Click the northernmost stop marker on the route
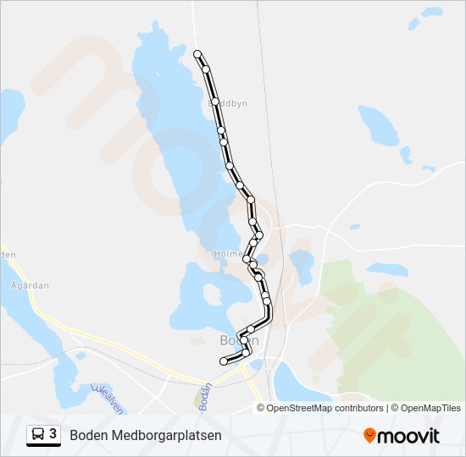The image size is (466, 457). pos(198,54)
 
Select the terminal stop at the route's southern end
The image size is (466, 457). pos(224,361)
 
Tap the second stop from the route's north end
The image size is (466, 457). pos(206,69)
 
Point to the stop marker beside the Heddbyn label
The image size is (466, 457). pos(215,102)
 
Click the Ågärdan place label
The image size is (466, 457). pos(29,286)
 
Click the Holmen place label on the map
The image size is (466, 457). pos(230,253)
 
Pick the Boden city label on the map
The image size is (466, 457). pos(238,340)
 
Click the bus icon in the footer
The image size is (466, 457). pos(37,435)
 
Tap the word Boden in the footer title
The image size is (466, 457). pos(88,436)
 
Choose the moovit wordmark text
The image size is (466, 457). pos(408,436)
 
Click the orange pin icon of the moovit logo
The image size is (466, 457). pos(370,436)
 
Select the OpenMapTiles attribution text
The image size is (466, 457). pos(431,408)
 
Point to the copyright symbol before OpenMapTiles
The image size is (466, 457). pos(396,408)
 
